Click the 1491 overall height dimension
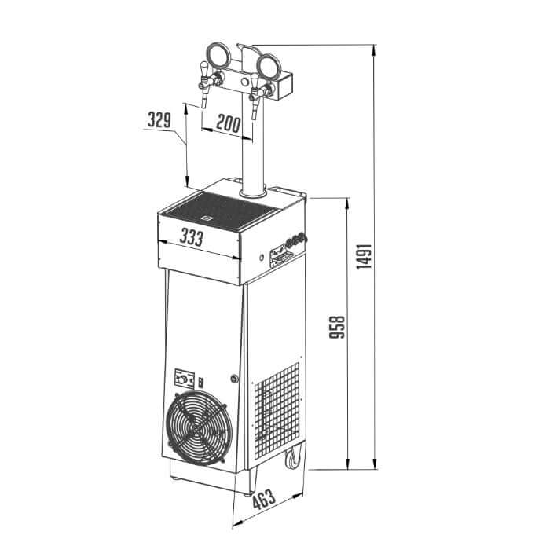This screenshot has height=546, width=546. tap(365, 257)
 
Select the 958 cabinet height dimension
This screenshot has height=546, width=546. tap(337, 327)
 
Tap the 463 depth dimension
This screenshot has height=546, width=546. tap(264, 499)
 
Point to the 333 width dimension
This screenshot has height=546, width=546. tap(192, 237)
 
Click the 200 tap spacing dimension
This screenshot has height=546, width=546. tap(228, 123)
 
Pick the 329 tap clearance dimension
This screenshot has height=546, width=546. tap(159, 119)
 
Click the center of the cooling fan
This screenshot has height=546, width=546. tap(199, 428)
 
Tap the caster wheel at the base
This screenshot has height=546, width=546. tap(293, 457)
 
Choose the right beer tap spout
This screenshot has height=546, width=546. tap(255, 108)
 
